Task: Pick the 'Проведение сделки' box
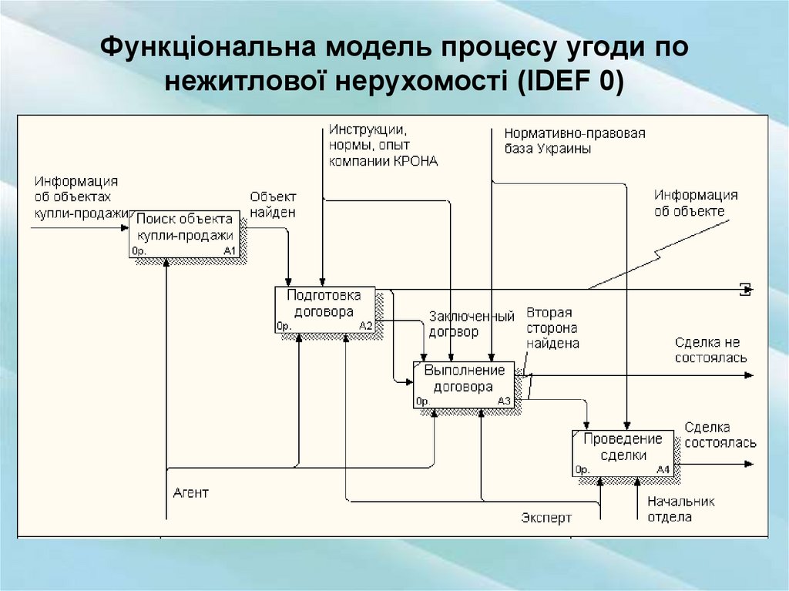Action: click(622, 452)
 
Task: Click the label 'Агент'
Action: click(190, 493)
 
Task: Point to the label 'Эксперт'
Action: click(546, 518)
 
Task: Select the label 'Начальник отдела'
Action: click(680, 509)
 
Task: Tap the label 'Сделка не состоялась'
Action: click(710, 350)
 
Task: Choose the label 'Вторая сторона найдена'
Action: click(552, 328)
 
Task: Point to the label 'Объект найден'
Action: click(273, 204)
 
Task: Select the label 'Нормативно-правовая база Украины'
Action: click(575, 140)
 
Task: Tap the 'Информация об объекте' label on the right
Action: click(696, 203)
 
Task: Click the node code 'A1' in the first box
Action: click(230, 251)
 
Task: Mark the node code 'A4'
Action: click(663, 470)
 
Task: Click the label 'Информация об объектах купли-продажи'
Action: click(76, 196)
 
